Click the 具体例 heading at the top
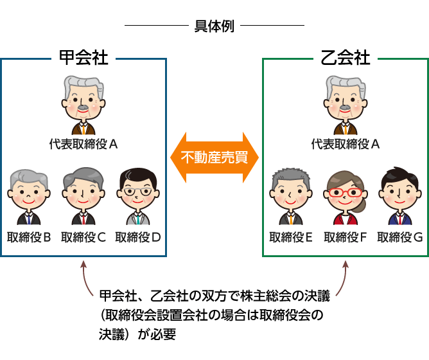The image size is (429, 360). pyautogui.click(x=214, y=27)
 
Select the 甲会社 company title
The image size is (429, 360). pyautogui.click(x=83, y=58)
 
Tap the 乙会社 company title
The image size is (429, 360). pyautogui.click(x=346, y=58)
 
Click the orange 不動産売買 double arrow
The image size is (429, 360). pyautogui.click(x=214, y=157)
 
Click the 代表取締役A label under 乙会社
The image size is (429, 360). pyautogui.click(x=346, y=144)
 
